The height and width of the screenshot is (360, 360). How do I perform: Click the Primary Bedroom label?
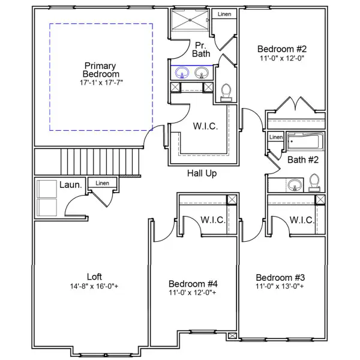click(100, 69)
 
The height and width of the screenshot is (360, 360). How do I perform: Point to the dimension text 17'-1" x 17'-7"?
click(100, 82)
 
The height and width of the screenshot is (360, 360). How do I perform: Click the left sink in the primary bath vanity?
click(183, 73)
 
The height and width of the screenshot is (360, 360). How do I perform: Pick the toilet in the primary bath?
click(226, 91)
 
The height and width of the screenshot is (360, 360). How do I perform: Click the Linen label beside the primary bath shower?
click(224, 14)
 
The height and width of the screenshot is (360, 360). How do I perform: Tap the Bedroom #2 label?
click(281, 49)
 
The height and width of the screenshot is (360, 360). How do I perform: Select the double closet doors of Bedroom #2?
click(295, 106)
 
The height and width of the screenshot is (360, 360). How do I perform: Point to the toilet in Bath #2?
click(314, 182)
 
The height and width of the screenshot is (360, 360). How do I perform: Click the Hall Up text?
click(202, 173)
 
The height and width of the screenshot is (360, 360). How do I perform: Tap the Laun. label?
click(70, 185)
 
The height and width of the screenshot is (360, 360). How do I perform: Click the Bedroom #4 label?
click(193, 283)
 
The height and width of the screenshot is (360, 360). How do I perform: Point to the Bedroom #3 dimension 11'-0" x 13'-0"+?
click(280, 287)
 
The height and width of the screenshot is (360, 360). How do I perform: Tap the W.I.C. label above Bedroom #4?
click(212, 220)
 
